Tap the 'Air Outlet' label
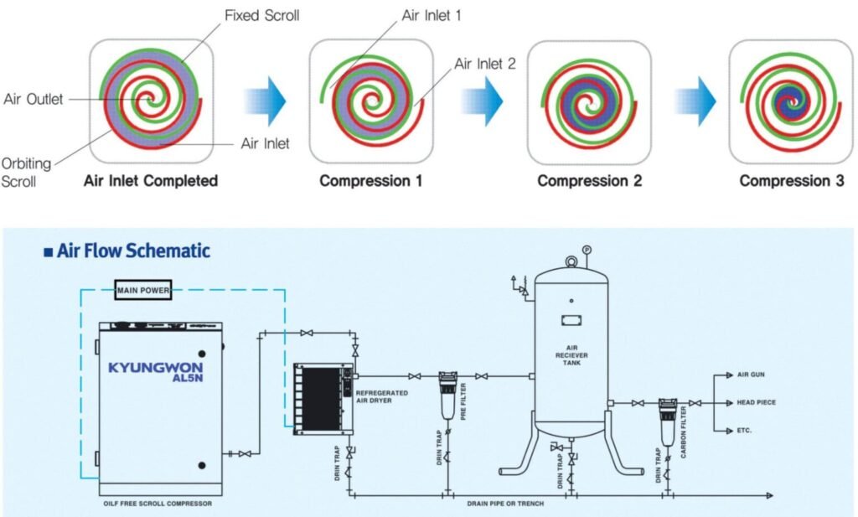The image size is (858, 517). pos(34,99)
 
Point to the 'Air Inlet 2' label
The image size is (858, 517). pos(485,64)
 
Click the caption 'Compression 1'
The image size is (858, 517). pos(371,181)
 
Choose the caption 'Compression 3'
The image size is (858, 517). pos(791,181)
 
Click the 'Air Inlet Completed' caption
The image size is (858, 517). pos(151,181)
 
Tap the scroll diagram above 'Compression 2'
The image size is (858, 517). pos(589,101)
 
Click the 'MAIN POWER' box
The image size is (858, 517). pos(143,291)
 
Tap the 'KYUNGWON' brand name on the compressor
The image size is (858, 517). pos(155,367)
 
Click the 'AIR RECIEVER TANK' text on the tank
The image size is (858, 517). pos(574,355)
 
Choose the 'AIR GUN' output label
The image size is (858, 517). pos(751,375)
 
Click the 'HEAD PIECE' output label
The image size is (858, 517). pos(756,402)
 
